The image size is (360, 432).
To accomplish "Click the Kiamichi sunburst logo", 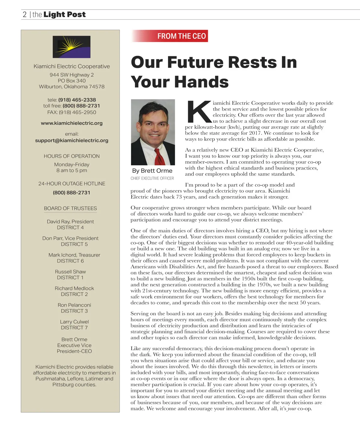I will [71, 47].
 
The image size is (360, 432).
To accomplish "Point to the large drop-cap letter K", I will [198, 112].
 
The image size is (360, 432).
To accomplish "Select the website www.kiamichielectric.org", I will [72, 123].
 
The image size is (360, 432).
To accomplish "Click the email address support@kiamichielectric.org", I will [72, 140].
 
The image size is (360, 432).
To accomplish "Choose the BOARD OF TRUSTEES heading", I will [70, 208].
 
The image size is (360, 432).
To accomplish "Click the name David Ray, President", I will [70, 221].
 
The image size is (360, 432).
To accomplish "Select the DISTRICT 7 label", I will [74, 328].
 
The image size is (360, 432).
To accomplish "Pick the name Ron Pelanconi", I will [74, 305].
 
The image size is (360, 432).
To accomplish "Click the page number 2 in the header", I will [25, 14].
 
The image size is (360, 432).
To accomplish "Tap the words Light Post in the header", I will [64, 14].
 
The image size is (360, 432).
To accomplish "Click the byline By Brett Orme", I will [152, 171].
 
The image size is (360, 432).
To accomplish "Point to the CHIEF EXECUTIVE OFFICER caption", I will [152, 178].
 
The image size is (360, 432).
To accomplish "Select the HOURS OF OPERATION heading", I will [72, 156].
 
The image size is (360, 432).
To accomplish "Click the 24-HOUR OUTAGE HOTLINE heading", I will [72, 184].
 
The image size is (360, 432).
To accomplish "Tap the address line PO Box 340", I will [72, 81].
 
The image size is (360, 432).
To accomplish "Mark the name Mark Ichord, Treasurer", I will [74, 255].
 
